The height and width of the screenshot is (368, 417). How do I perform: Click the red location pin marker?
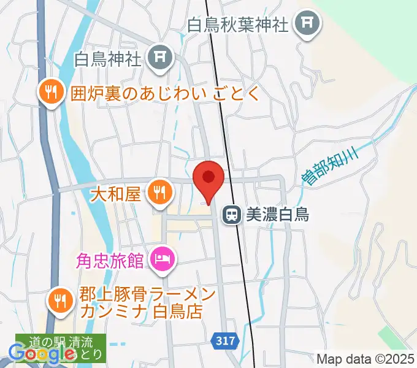208,178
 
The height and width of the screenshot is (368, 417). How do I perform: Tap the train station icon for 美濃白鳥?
232,214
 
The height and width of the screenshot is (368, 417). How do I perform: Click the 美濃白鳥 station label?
277,214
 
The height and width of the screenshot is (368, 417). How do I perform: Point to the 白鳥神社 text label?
108,59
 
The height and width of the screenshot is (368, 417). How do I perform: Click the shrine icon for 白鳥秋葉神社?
305,25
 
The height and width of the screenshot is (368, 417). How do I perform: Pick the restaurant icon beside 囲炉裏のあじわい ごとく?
50,93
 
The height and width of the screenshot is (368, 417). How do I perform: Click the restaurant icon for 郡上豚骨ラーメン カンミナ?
60,300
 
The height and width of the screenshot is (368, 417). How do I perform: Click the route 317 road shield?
226,339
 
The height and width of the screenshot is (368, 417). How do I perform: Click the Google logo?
43,353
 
